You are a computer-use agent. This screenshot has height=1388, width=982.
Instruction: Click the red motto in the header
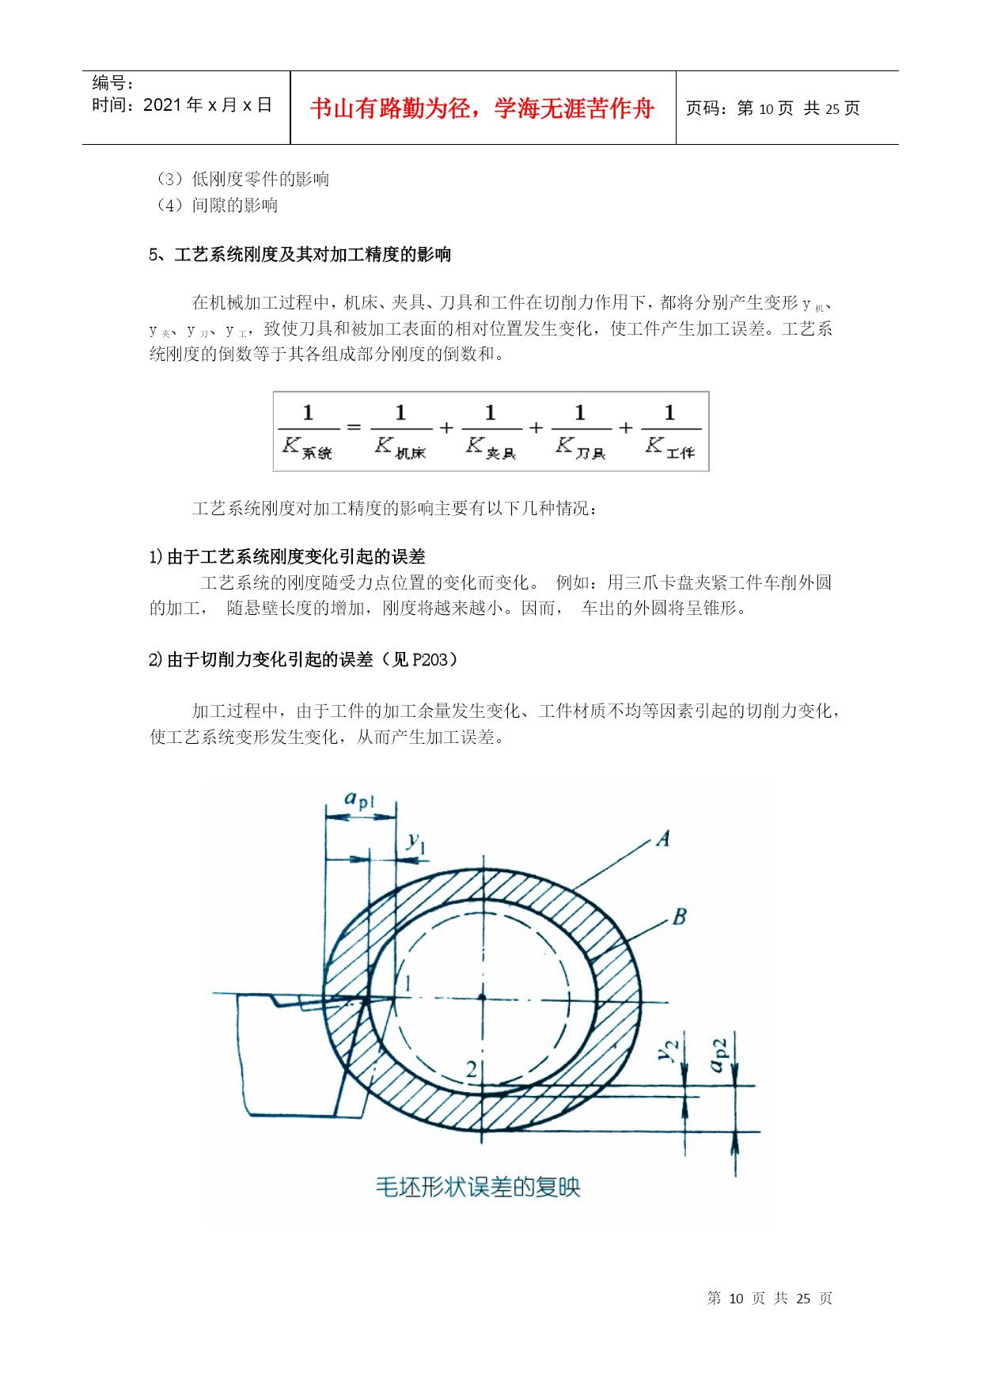[x=482, y=108]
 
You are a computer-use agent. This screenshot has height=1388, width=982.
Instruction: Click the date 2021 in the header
[x=162, y=105]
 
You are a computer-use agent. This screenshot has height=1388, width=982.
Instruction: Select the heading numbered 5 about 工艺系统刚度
[x=300, y=254]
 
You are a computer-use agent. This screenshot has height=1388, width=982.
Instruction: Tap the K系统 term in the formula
[x=307, y=447]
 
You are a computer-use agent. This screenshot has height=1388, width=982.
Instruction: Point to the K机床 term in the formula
[x=400, y=447]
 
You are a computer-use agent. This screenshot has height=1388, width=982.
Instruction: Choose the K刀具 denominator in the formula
[x=580, y=447]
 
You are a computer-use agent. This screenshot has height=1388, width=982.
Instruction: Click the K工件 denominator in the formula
[x=669, y=447]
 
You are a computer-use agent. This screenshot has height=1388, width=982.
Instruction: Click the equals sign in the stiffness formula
[x=354, y=428]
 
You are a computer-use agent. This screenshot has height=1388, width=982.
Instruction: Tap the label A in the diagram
[x=663, y=839]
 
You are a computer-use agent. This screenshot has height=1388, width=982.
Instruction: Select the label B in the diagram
[x=679, y=917]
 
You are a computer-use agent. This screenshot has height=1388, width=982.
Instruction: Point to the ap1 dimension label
[x=358, y=800]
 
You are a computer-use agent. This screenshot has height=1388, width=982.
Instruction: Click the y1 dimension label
[x=416, y=843]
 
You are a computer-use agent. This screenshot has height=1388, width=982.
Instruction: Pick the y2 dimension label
[x=669, y=1051]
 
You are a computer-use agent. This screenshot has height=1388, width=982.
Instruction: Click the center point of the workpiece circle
[x=482, y=997]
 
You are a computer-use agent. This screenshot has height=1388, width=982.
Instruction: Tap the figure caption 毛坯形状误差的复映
[x=478, y=1187]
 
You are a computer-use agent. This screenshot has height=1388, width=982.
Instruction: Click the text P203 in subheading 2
[x=430, y=659]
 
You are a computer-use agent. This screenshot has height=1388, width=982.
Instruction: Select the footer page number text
[x=769, y=1299]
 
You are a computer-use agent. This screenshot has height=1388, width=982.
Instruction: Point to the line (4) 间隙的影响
[x=218, y=206]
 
